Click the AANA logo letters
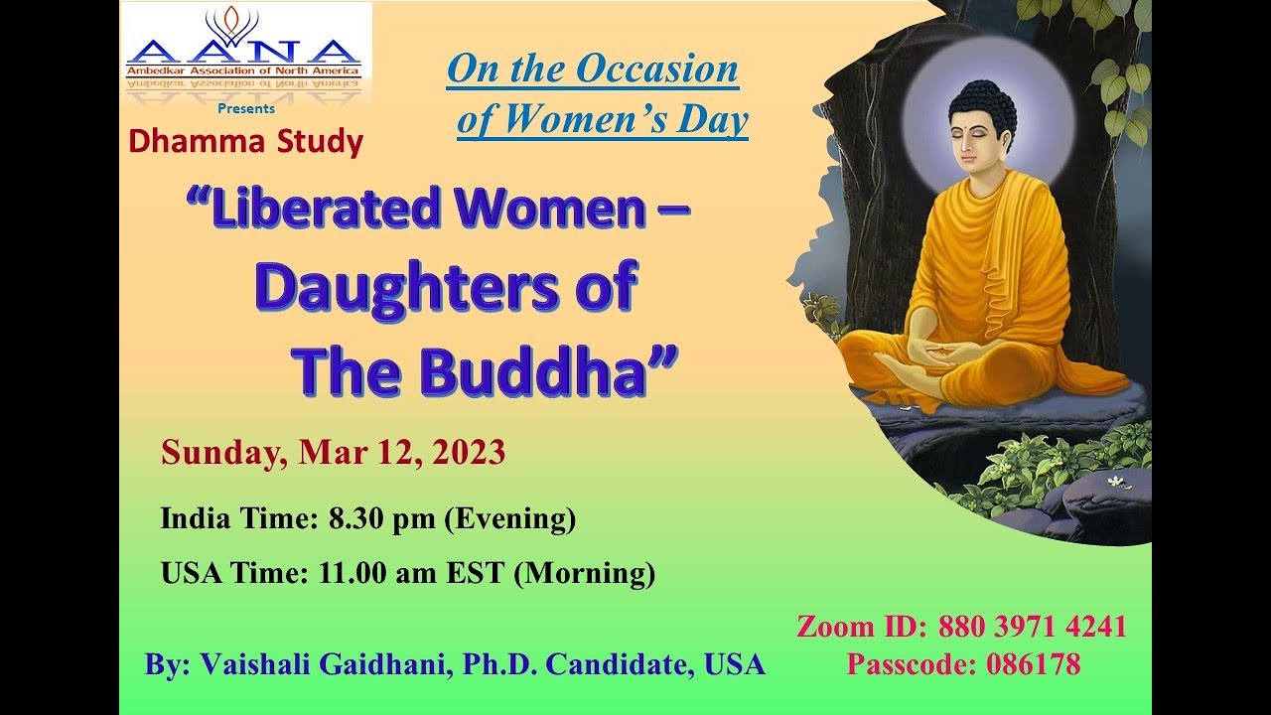click(243, 53)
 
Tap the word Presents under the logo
click(246, 108)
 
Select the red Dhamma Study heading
click(245, 141)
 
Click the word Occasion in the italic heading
click(657, 69)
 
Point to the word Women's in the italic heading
click(585, 119)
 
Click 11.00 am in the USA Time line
click(377, 573)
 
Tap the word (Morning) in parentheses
click(585, 573)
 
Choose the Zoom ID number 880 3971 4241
click(1032, 627)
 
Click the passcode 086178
click(1034, 664)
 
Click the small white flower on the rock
click(1116, 482)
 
